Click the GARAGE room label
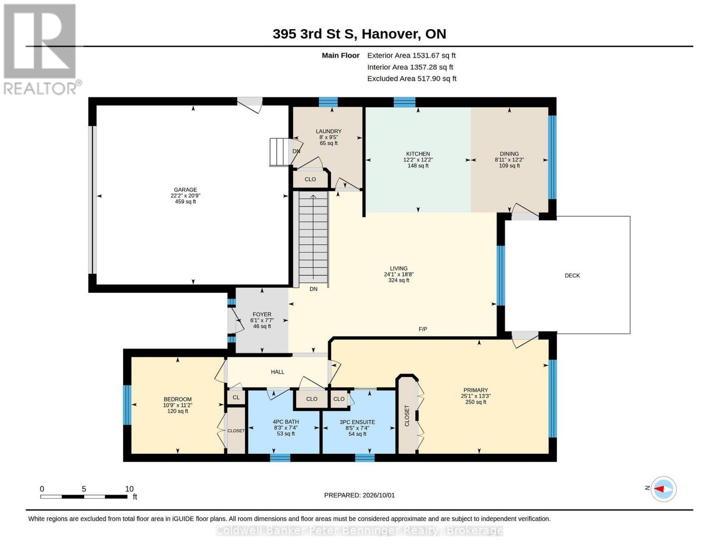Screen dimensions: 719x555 (x=185, y=190)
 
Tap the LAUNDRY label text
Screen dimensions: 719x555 (x=329, y=131)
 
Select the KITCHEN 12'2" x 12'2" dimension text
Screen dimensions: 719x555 (x=418, y=160)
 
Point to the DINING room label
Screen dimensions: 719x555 (x=509, y=154)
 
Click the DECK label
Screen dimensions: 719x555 (x=572, y=275)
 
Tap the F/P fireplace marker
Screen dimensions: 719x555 (x=423, y=329)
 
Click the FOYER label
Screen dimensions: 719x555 (x=262, y=314)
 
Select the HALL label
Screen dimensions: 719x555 (x=278, y=372)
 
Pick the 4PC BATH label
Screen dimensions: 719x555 (x=286, y=422)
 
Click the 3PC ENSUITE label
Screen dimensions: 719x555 (x=357, y=422)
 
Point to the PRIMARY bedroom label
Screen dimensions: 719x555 (x=475, y=390)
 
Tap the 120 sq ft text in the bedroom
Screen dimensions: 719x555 (x=178, y=411)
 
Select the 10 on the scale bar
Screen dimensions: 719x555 (x=129, y=489)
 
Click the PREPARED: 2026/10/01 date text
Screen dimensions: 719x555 (x=359, y=495)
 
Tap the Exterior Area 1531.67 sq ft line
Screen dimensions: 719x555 (x=411, y=55)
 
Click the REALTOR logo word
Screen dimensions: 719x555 (x=40, y=89)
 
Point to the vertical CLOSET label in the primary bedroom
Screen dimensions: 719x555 (x=407, y=415)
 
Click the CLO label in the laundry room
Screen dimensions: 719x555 (x=310, y=179)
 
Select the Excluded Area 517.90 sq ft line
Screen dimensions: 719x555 (x=412, y=79)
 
